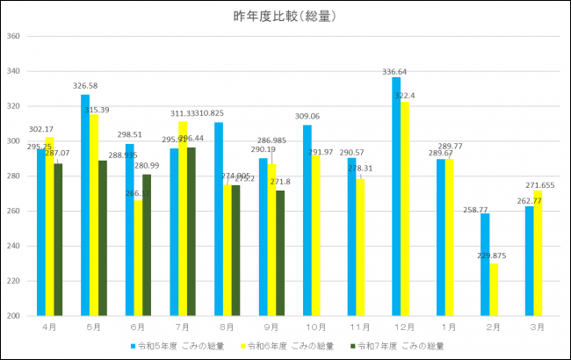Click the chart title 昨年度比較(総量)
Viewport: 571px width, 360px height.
285,16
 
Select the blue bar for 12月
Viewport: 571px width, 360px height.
396,197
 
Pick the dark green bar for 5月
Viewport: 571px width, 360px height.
104,238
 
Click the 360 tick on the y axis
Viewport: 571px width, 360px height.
12,37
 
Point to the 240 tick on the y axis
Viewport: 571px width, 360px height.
12,246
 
